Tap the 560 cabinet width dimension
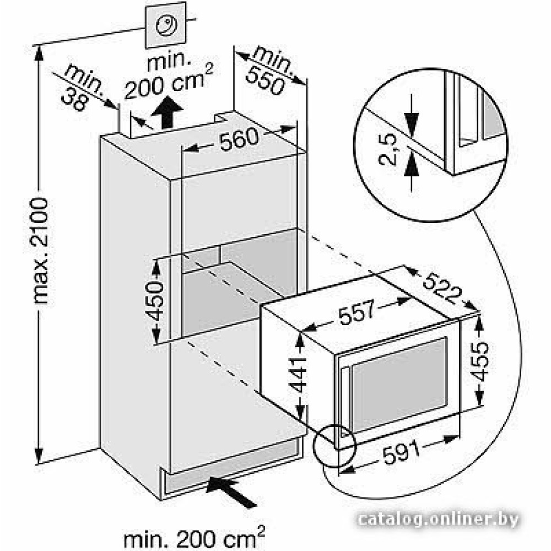pyautogui.click(x=238, y=142)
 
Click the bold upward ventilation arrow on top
pyautogui.click(x=167, y=113)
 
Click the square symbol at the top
pyautogui.click(x=165, y=26)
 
